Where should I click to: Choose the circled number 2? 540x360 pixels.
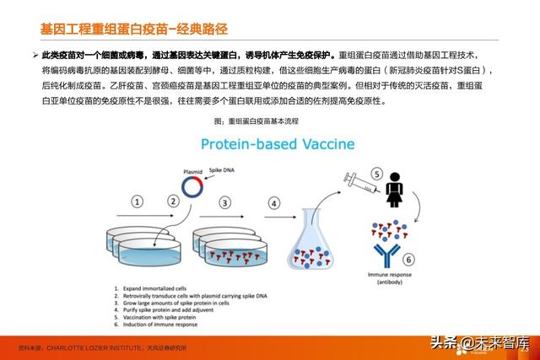click(173, 201)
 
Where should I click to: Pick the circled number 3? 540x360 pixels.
click(224, 203)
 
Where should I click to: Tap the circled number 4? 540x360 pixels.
click(273, 203)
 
